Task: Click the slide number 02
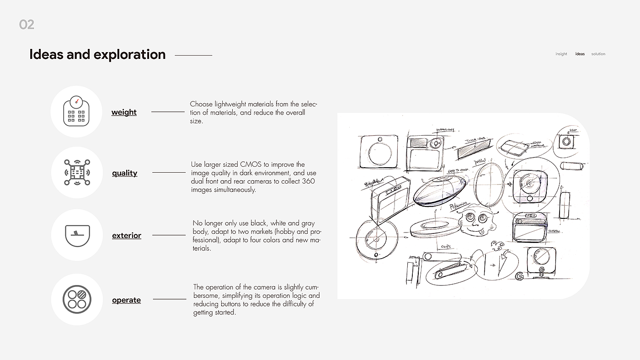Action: click(x=27, y=25)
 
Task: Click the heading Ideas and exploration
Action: click(x=97, y=54)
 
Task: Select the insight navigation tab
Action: click(x=561, y=54)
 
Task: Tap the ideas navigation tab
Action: click(x=580, y=54)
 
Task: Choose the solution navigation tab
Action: click(x=598, y=54)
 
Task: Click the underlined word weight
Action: click(x=124, y=112)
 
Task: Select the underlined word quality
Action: click(x=124, y=173)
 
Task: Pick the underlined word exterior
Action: click(x=127, y=235)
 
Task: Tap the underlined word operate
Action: click(x=126, y=300)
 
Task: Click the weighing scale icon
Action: click(x=76, y=111)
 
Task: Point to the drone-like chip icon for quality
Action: click(x=76, y=172)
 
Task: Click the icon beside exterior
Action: click(x=76, y=235)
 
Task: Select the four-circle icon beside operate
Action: click(x=76, y=299)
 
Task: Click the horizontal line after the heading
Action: click(x=193, y=55)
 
